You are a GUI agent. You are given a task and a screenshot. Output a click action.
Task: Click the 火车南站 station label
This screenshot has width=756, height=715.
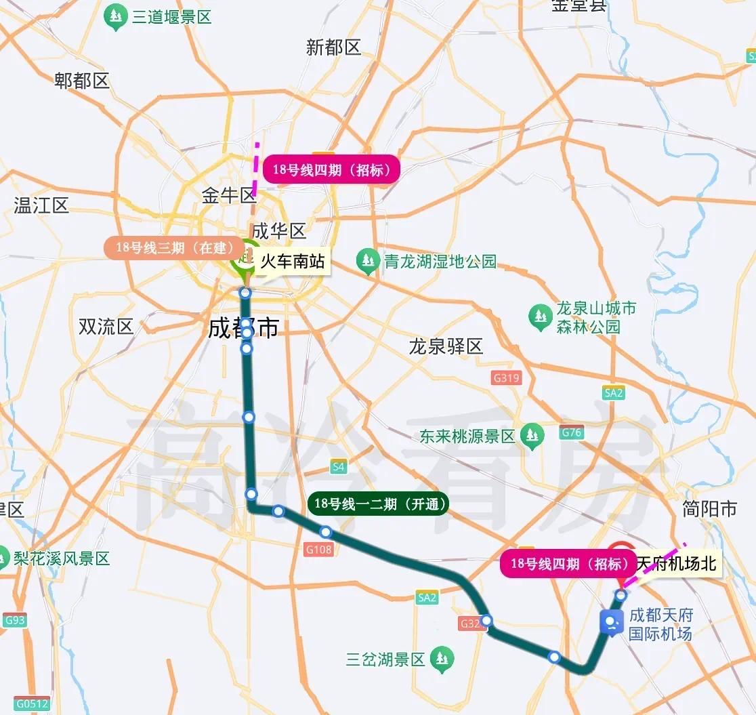point(292,262)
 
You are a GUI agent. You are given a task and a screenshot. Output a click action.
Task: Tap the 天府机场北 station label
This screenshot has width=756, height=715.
point(676,563)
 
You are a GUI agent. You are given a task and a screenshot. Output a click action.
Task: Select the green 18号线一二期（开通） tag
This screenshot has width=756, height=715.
point(377,504)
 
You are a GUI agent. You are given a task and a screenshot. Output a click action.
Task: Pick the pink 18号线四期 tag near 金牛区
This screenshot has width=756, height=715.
point(331,169)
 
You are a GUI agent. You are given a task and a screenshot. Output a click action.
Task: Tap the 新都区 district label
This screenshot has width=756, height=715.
point(333,47)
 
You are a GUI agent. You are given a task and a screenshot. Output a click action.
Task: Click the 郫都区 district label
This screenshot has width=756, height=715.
point(81,81)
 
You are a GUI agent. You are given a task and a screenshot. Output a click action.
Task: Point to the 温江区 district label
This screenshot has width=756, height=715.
point(41,205)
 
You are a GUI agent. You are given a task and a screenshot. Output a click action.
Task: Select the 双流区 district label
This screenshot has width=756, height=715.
point(106,327)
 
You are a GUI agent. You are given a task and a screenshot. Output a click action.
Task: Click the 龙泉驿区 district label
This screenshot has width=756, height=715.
point(446,347)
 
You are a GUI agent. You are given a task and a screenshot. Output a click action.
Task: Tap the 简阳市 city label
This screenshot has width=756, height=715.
point(709,509)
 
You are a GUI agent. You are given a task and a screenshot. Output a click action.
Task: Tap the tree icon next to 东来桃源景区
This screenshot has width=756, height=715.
point(532,436)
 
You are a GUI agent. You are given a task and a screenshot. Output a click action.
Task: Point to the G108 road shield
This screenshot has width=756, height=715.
point(319,549)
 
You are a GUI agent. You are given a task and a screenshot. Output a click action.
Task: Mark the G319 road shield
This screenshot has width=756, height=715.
point(506,377)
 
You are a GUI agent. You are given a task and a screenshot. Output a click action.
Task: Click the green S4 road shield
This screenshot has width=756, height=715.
point(339,466)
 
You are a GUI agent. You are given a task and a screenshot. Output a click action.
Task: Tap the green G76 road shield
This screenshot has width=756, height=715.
point(572,432)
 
